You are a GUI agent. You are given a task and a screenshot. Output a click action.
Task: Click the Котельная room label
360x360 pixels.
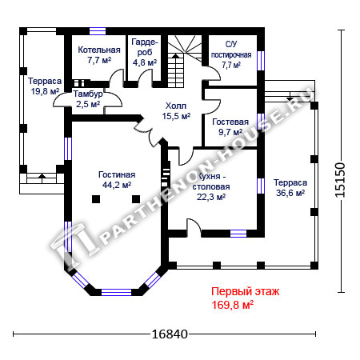coord(99,55)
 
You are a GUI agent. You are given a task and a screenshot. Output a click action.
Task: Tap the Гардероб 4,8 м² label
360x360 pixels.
coord(145,52)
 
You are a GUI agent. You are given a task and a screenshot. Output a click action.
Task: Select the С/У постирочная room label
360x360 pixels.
coord(231,54)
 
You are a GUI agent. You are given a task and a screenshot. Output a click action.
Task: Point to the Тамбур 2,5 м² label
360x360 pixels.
coord(88,99)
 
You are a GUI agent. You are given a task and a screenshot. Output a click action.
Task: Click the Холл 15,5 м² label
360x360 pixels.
coord(176,111)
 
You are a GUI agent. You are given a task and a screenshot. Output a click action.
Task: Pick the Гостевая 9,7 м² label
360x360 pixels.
coord(230,127)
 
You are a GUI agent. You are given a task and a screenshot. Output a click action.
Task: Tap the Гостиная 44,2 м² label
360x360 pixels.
coord(117,180)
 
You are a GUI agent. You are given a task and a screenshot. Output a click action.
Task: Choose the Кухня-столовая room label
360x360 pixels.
coord(211,186)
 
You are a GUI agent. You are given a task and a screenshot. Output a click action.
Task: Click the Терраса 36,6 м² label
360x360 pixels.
coord(290,188)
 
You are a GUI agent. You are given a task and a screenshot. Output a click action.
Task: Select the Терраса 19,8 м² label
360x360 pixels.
coord(45,86)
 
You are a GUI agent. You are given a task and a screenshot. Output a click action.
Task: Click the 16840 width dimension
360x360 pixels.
coord(170,334)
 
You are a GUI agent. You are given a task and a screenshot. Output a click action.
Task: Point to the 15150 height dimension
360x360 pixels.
coord(340,179)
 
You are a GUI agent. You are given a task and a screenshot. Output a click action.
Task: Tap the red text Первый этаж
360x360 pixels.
coord(246,291)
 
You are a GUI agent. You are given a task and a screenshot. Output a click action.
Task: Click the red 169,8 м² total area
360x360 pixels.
coord(232,305)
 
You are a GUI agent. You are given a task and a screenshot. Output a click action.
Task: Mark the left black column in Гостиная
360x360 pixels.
coord(96,199)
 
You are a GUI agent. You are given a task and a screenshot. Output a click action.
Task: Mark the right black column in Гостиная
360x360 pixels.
coord(136,199)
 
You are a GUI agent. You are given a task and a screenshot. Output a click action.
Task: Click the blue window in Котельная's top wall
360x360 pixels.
coord(98,31)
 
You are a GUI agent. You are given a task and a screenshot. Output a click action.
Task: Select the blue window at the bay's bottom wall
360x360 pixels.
coord(116,292)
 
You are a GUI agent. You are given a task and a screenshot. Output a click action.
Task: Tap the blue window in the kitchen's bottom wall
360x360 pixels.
coord(238,234)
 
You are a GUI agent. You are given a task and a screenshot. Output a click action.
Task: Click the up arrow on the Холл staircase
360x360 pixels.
coord(175,57)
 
